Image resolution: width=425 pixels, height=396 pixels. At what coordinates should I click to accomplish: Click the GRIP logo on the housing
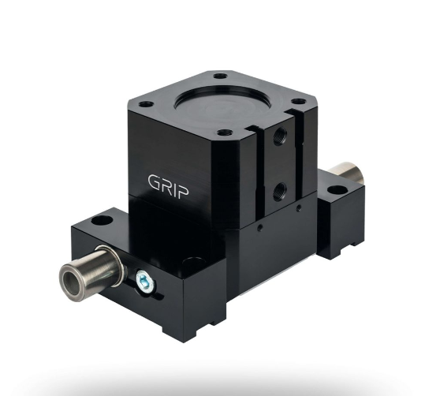(x=168, y=185)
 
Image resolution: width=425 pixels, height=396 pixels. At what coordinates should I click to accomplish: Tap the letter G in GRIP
(x=155, y=181)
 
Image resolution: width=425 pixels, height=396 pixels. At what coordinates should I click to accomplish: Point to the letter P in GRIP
(x=183, y=191)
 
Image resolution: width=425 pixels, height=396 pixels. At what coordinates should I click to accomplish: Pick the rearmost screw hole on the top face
(x=220, y=76)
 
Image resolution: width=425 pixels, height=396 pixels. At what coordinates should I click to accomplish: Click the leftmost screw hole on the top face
(x=146, y=104)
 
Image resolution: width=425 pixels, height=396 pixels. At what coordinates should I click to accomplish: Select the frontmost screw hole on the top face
(x=225, y=133)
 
